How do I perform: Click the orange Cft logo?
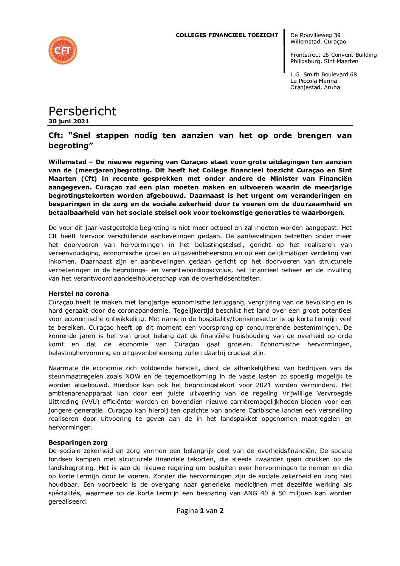point(63,50)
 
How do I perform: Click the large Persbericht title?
point(82,111)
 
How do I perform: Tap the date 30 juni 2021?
point(68,121)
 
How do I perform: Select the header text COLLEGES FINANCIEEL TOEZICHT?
point(227,35)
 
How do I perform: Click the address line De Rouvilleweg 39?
point(315,35)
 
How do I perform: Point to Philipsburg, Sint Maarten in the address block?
point(324,61)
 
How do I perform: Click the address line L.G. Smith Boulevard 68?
point(323,74)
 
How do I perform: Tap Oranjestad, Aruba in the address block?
point(315,87)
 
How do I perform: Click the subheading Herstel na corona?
point(78,293)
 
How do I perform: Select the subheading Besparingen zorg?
point(78,442)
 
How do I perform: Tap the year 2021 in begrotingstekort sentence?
point(263,385)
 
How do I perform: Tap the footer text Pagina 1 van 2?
point(200,511)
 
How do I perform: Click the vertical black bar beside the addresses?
point(284,51)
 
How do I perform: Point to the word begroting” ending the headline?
point(71,146)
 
